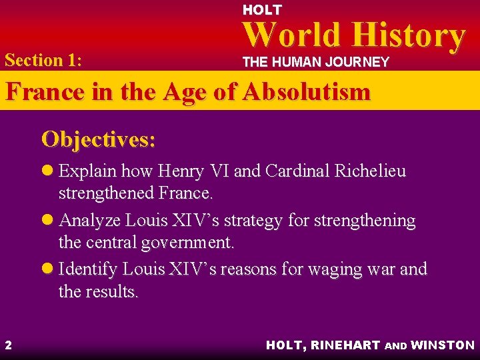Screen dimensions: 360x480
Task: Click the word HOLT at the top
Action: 261,10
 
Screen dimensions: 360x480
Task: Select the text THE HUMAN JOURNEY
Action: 315,62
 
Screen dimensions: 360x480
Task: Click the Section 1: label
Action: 43,60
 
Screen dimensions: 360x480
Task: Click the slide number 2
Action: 8,345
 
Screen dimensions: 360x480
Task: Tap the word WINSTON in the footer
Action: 443,345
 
